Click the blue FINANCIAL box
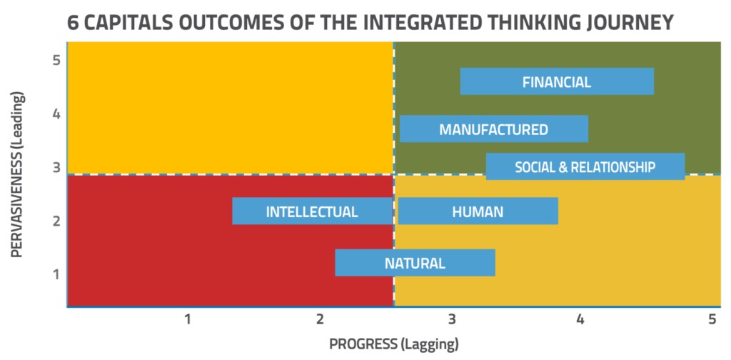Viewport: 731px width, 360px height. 557,81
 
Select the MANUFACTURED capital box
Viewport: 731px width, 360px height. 494,129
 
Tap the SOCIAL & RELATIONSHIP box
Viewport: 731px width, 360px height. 585,166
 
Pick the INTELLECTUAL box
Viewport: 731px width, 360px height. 313,211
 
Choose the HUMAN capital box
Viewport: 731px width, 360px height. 478,211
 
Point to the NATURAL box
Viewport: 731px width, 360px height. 415,263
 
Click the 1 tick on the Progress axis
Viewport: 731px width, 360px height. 188,320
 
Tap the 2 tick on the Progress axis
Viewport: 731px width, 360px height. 319,320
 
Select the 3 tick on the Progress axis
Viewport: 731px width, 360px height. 451,320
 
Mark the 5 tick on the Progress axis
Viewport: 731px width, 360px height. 712,320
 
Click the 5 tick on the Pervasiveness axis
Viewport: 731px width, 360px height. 56,61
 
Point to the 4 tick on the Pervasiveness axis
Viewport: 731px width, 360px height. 56,114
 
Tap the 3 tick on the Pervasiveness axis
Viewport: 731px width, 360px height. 56,167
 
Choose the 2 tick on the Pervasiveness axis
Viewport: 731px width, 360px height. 56,221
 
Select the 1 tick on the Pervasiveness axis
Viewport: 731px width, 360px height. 56,274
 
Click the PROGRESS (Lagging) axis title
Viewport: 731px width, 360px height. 394,344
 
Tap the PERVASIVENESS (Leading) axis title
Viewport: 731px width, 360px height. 17,174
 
